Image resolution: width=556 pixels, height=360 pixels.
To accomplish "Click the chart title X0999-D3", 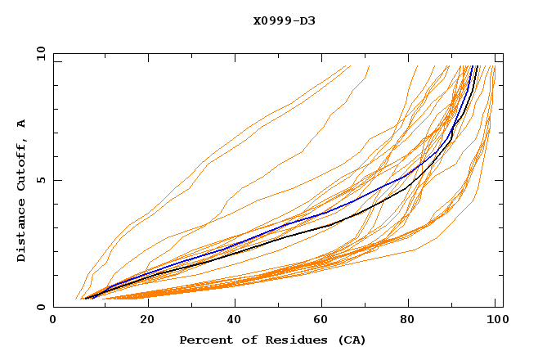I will (x=284, y=20).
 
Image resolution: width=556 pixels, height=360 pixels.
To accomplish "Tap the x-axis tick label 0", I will (x=53, y=322).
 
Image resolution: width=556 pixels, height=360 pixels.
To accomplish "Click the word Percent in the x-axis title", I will (x=202, y=340).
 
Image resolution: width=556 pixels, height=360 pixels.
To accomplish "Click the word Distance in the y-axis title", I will (x=21, y=233).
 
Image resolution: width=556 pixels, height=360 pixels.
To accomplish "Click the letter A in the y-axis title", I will (x=21, y=123).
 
